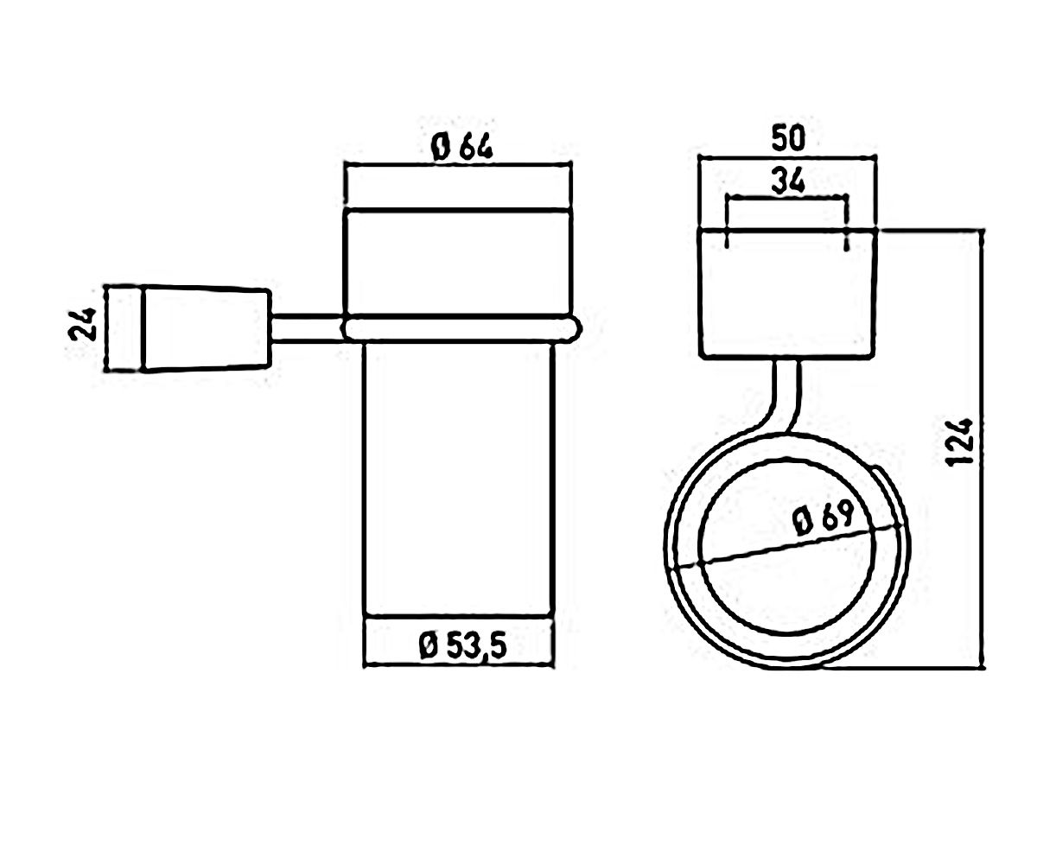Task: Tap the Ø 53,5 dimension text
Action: [462, 646]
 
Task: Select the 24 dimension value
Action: [82, 324]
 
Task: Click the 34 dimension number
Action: [787, 181]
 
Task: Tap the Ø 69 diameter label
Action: [824, 518]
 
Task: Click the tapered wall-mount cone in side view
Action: [207, 327]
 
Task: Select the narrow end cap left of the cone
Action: [124, 327]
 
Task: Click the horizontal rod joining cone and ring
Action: [308, 327]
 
